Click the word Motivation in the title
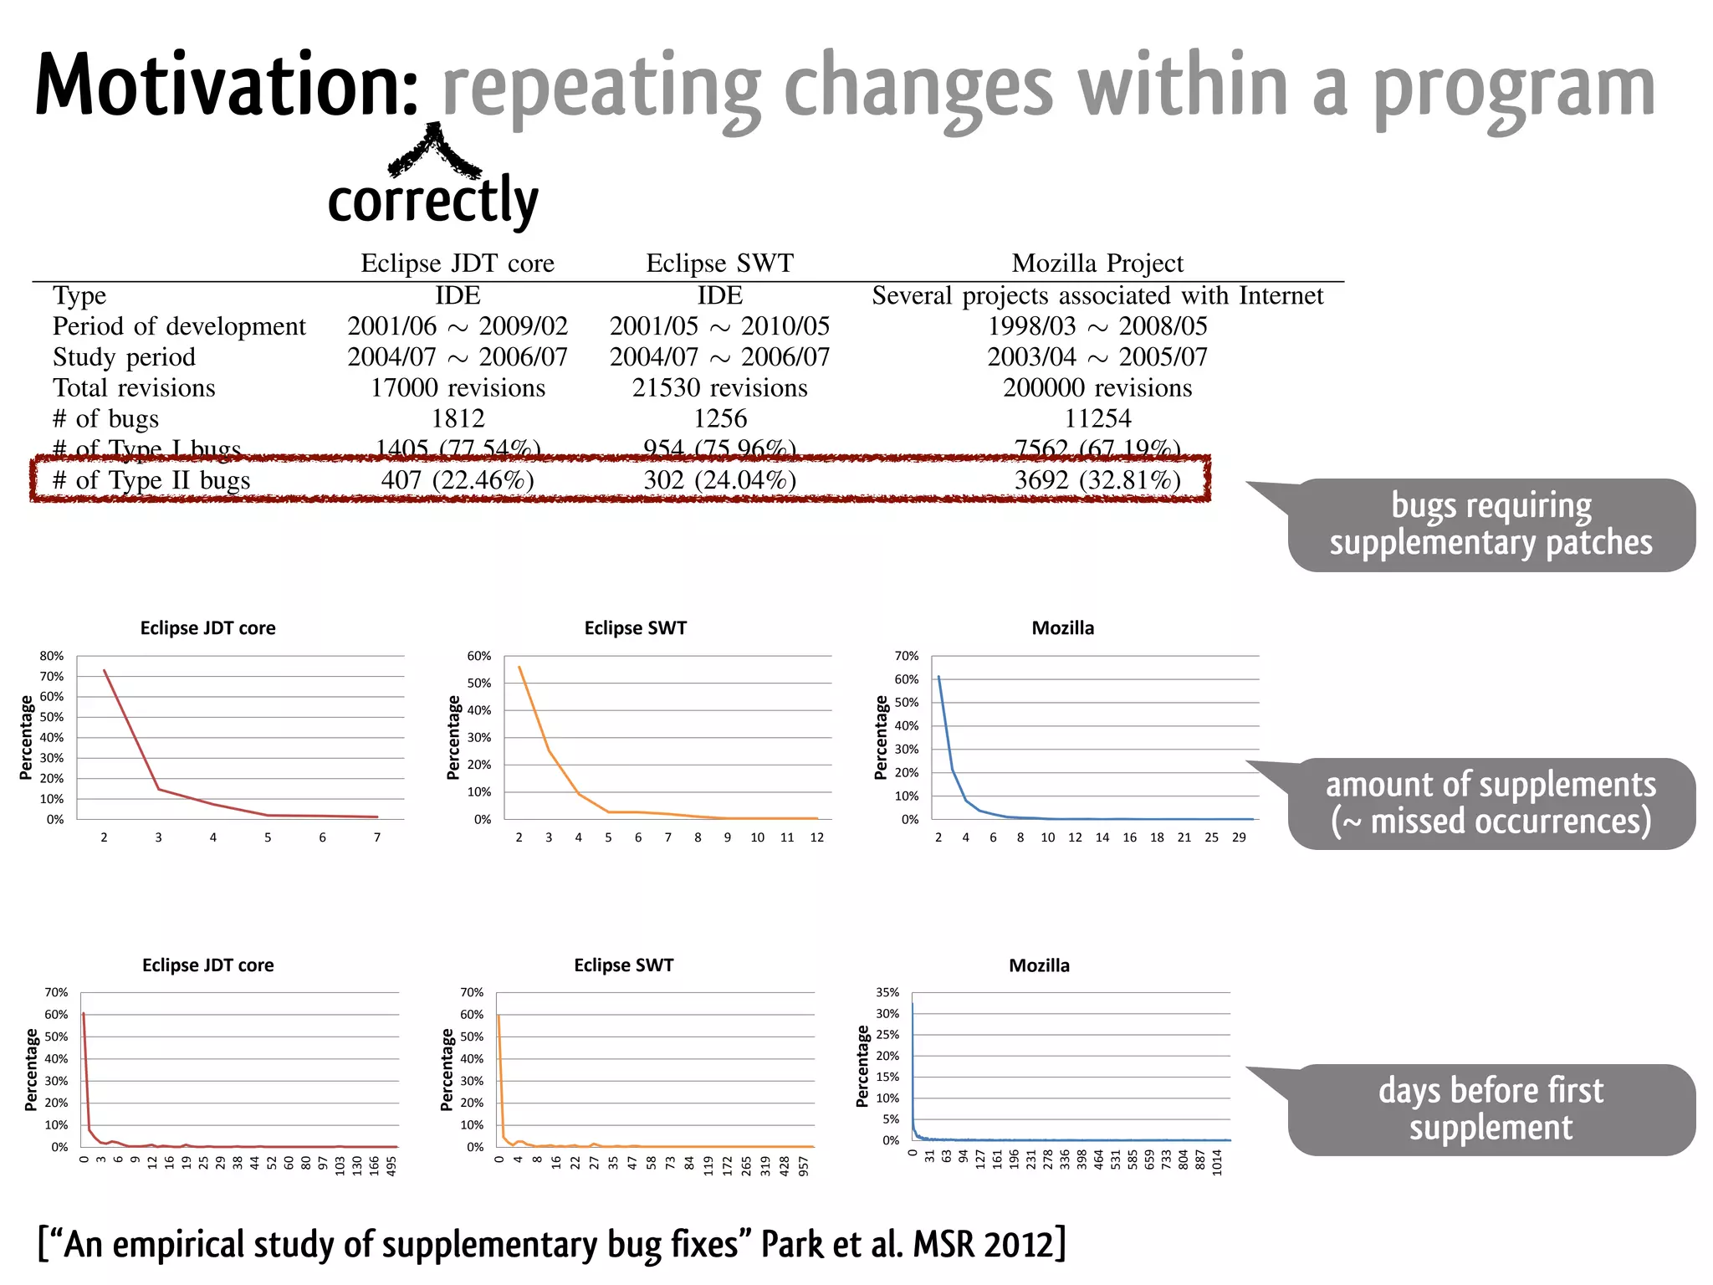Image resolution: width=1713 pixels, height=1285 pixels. point(226,86)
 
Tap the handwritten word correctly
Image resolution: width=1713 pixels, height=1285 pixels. point(432,201)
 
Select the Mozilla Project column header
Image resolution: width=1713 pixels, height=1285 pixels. point(1097,264)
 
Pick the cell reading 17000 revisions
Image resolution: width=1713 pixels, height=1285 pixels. point(458,388)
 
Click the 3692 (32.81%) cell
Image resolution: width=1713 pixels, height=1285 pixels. point(1097,480)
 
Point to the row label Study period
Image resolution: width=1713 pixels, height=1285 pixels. point(124,357)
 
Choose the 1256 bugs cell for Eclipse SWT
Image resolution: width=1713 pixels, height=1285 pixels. point(719,418)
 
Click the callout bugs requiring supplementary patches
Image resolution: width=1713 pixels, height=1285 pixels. point(1491,525)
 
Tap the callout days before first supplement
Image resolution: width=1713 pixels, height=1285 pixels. point(1491,1109)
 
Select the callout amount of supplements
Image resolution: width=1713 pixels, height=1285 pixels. point(1491,803)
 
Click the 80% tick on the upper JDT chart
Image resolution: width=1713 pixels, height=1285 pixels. point(52,656)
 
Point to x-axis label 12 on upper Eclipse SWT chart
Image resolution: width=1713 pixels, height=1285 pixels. point(817,837)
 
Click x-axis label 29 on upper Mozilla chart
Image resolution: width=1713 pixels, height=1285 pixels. point(1239,837)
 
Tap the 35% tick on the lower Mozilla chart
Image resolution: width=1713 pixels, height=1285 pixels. point(887,992)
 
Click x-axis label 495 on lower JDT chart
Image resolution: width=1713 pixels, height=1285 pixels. point(391,1165)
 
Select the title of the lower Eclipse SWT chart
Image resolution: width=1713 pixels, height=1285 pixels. point(623,965)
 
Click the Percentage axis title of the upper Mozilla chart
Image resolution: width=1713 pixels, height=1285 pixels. point(880,737)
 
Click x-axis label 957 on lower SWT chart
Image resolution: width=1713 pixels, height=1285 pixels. point(804,1165)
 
